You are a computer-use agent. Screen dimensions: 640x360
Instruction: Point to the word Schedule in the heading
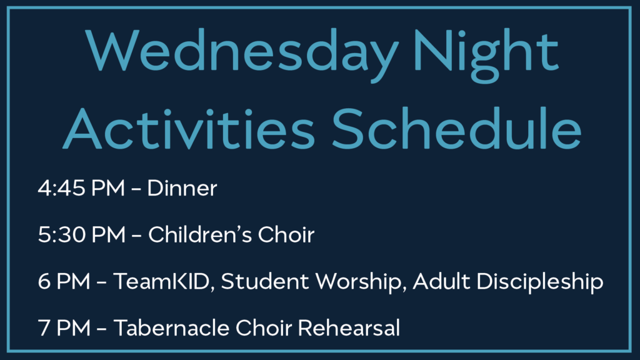coord(456,129)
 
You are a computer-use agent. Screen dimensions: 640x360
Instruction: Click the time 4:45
coord(62,188)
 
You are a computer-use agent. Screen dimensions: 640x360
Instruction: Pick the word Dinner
coord(182,188)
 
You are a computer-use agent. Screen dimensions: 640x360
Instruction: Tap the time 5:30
coord(62,235)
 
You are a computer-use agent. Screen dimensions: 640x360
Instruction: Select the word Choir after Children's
coord(286,235)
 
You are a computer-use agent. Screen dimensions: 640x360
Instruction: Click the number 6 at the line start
coord(44,281)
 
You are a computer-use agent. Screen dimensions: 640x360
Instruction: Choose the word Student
coord(264,281)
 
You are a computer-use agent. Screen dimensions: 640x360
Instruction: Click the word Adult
coord(441,281)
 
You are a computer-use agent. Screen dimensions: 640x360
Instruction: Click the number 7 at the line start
coord(44,327)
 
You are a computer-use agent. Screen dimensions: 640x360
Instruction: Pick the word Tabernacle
coord(171,327)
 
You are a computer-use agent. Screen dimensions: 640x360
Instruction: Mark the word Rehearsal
coord(349,327)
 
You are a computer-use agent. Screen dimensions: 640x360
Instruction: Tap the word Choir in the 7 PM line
coord(264,327)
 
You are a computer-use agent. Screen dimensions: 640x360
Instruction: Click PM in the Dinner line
coord(108,188)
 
